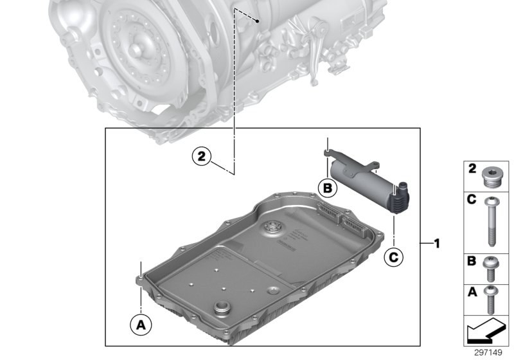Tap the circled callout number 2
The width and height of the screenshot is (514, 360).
(201, 155)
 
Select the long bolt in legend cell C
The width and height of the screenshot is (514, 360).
(491, 222)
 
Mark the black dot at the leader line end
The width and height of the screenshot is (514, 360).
(257, 21)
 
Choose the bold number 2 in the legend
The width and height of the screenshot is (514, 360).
(470, 169)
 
